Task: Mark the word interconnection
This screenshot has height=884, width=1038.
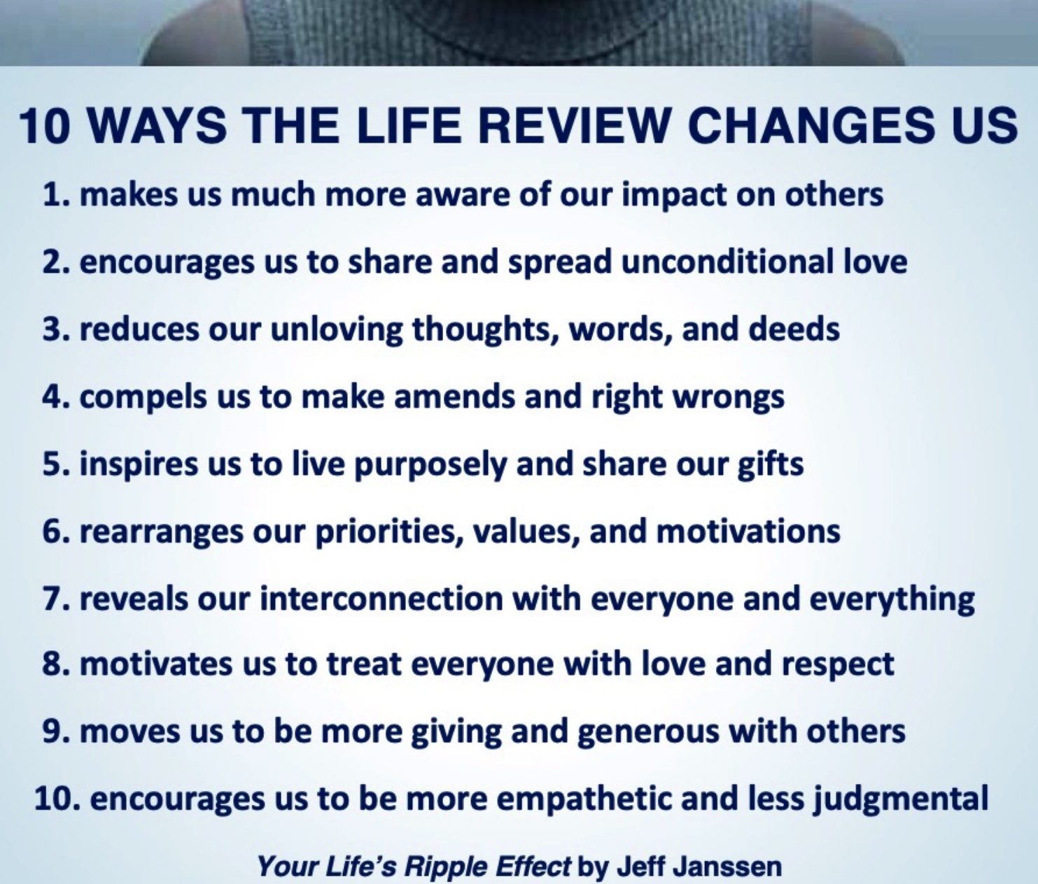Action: click(x=381, y=599)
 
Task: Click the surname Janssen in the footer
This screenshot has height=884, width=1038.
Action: click(x=724, y=866)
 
